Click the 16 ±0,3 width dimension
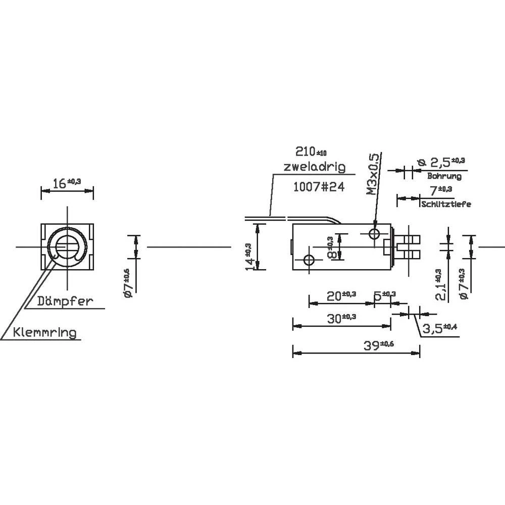click(x=67, y=183)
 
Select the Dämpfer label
click(x=65, y=301)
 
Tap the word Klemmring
click(x=45, y=332)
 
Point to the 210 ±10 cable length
click(x=311, y=151)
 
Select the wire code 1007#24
click(x=318, y=187)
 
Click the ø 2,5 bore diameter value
click(x=440, y=162)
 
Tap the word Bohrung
click(x=444, y=177)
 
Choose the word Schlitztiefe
click(x=446, y=204)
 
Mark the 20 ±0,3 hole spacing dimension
click(x=341, y=296)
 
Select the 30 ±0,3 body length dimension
click(x=341, y=319)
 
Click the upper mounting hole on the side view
click(x=375, y=233)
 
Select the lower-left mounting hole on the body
click(x=309, y=260)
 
